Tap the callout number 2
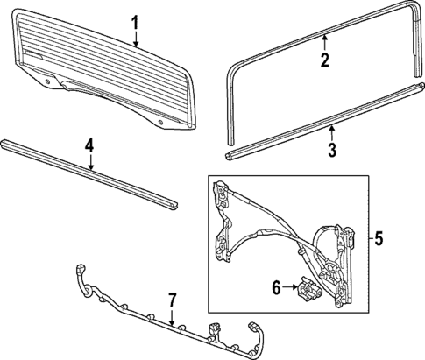pyautogui.click(x=324, y=60)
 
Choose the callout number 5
pyautogui.click(x=379, y=238)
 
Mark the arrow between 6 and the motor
pyautogui.click(x=290, y=287)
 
